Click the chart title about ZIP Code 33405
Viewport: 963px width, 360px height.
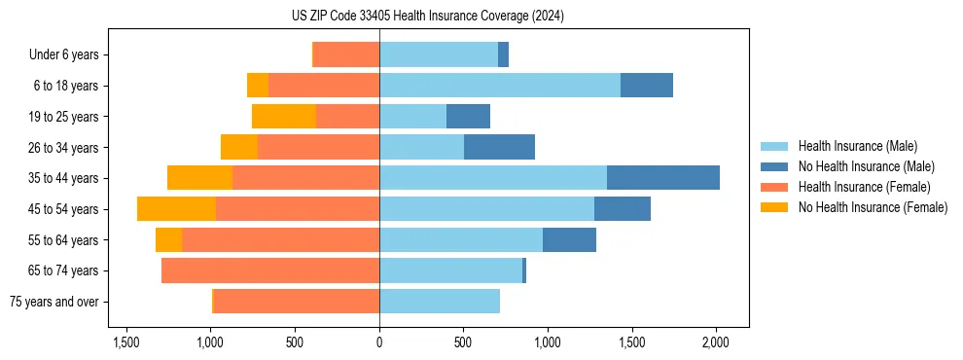tap(481, 17)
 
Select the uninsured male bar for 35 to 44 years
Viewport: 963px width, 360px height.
tap(663, 178)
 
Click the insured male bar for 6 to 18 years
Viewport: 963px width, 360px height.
tap(500, 86)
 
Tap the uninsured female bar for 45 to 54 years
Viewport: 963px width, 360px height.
tap(176, 209)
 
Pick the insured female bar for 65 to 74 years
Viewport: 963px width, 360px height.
tap(270, 270)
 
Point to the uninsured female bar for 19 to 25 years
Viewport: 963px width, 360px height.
tap(284, 117)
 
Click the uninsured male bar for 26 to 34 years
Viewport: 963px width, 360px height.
tap(499, 147)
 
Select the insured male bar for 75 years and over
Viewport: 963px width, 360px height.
tap(440, 302)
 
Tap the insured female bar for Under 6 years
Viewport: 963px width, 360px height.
tap(346, 54)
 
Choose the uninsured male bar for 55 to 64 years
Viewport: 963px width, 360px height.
tap(569, 239)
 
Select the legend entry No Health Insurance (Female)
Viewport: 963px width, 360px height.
tap(873, 207)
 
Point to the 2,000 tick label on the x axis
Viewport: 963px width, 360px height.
tap(716, 343)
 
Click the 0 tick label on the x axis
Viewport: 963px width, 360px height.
tap(379, 343)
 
